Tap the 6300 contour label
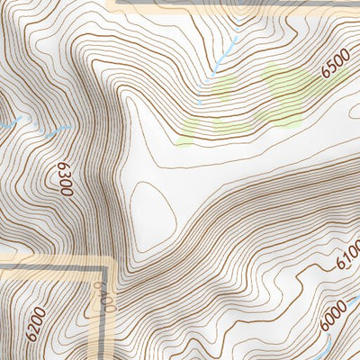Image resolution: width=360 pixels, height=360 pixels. (64, 181)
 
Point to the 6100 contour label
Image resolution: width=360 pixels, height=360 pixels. (347, 260)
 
